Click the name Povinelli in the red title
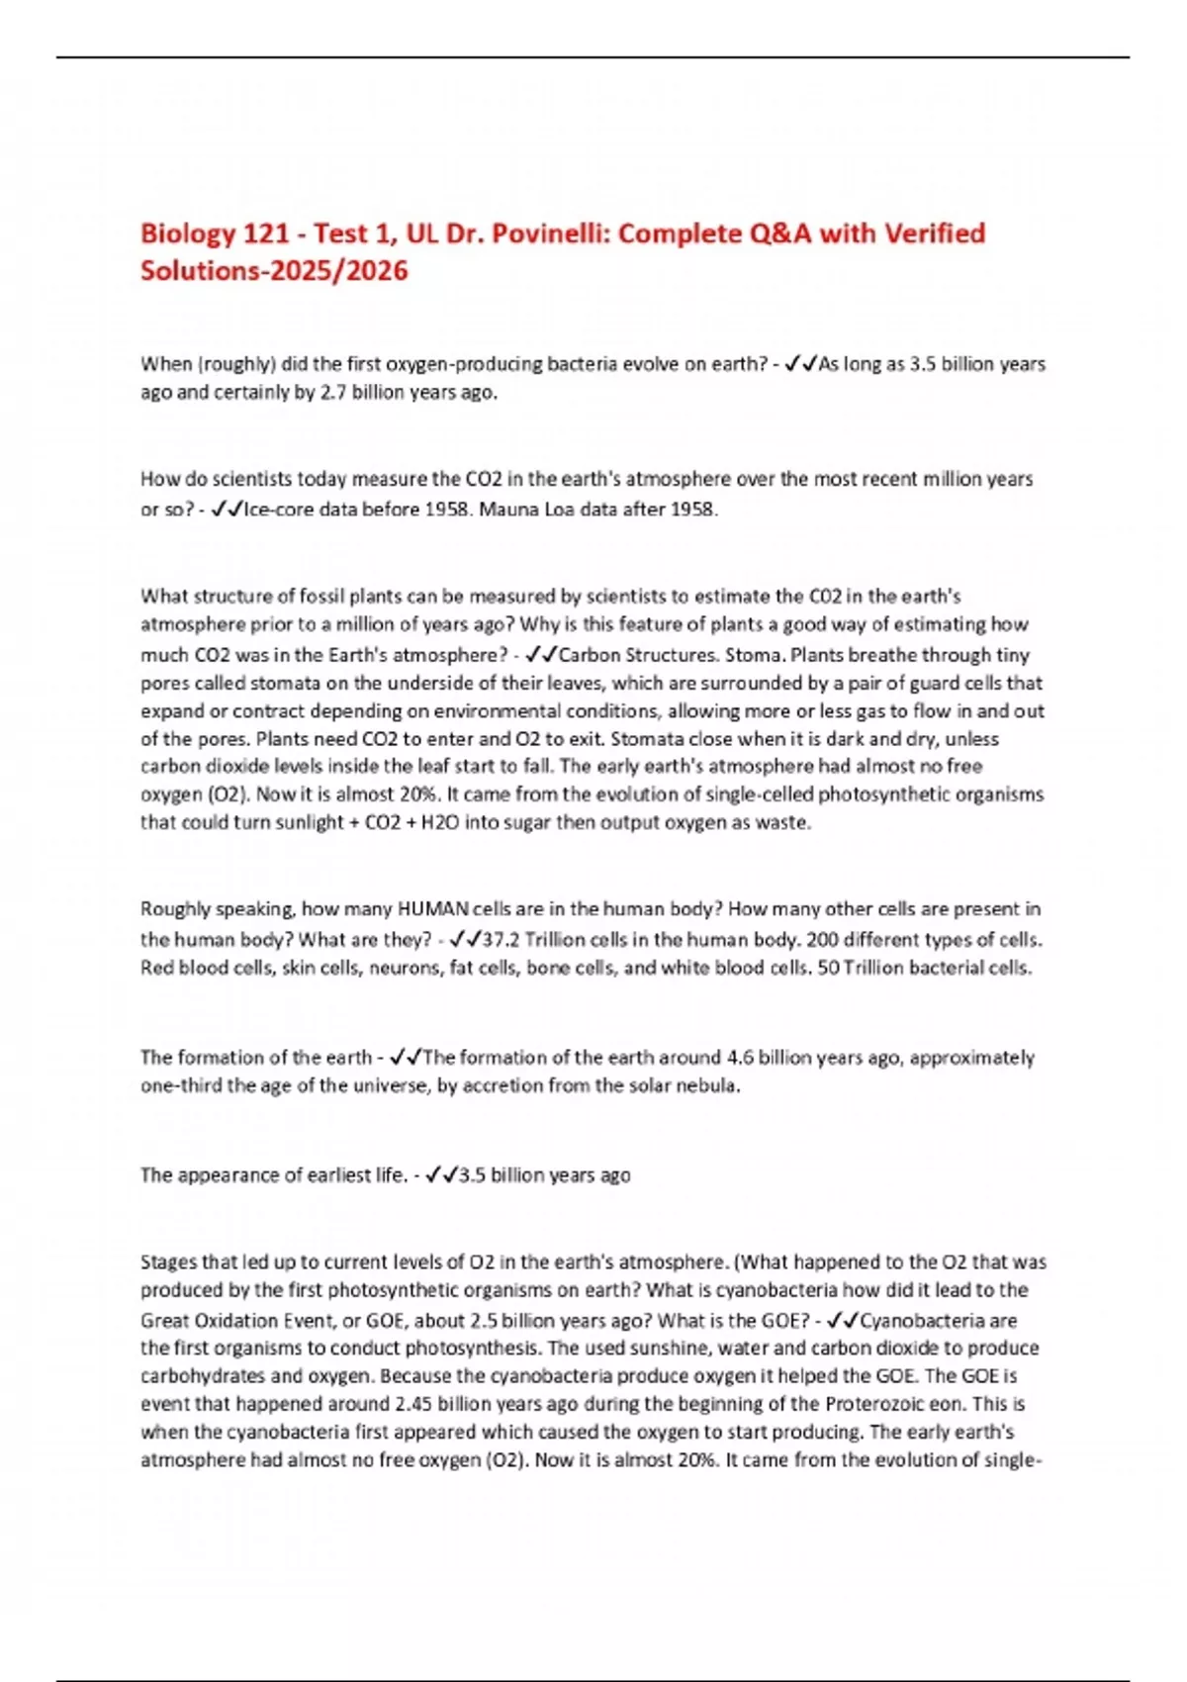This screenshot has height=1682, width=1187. click(546, 234)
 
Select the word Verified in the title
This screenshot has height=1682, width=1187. click(934, 234)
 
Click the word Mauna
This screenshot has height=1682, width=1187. click(508, 510)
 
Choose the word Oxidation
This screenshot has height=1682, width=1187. click(238, 1320)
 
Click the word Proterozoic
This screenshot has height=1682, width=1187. click(878, 1403)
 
